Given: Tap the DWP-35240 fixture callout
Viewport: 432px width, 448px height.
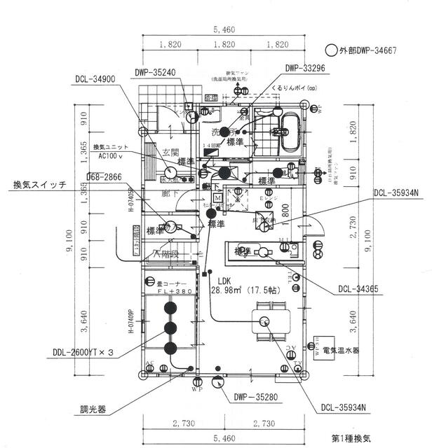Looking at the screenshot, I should pyautogui.click(x=156, y=72).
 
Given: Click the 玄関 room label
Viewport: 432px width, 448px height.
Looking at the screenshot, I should pyautogui.click(x=171, y=151).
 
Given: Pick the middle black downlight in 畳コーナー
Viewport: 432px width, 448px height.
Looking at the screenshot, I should pyautogui.click(x=170, y=328).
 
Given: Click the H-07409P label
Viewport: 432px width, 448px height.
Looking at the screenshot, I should pyautogui.click(x=131, y=323).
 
